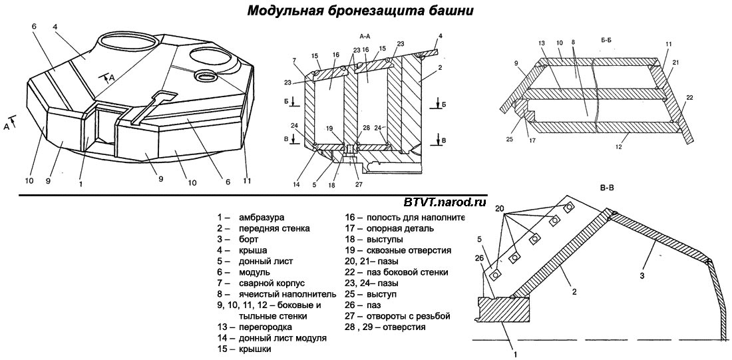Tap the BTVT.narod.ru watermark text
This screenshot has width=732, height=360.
pos(444,201)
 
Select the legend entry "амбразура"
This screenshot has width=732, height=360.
pos(262,218)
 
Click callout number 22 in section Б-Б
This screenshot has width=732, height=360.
pos(689,98)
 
